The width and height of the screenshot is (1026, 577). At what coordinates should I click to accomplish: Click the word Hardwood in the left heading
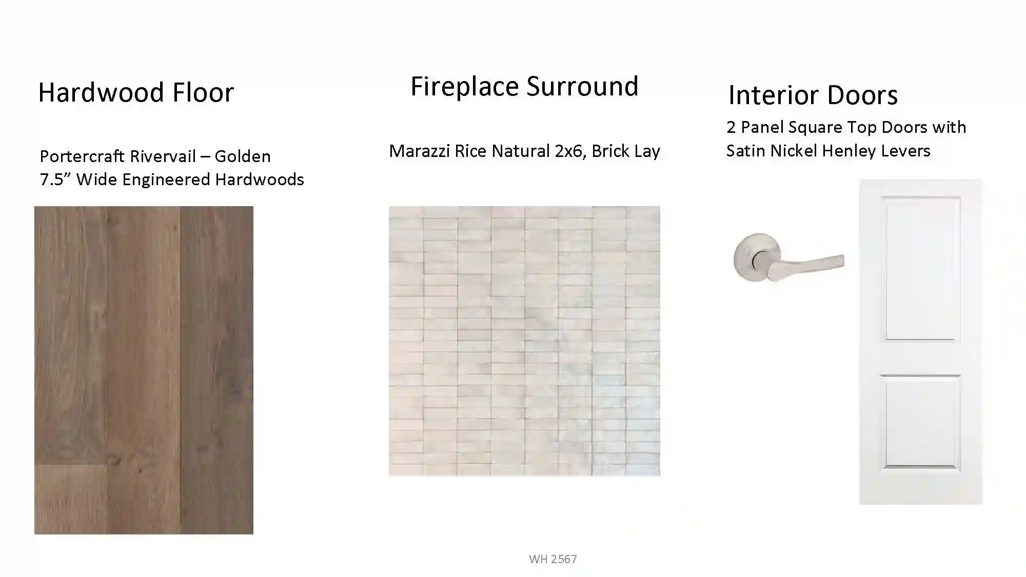(x=101, y=92)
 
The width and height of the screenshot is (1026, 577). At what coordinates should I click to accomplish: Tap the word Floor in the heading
(x=203, y=92)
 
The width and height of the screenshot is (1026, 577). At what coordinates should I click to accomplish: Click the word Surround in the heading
(x=583, y=86)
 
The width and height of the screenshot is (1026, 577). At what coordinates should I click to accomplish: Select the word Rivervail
(x=164, y=156)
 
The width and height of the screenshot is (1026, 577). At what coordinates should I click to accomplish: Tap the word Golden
(x=242, y=156)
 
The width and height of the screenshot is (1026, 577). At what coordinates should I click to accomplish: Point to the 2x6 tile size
(x=570, y=151)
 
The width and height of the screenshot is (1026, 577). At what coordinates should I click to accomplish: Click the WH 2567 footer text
(x=553, y=559)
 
